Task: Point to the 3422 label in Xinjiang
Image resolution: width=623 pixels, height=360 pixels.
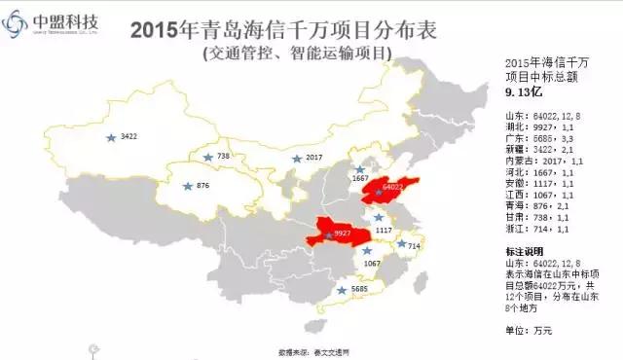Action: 129,137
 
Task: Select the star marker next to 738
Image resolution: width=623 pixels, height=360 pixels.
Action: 206,157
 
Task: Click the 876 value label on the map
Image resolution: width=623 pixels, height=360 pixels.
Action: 202,185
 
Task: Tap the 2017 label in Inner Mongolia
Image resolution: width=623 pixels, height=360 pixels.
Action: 313,157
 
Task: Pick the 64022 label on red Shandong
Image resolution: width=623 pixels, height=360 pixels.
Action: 392,185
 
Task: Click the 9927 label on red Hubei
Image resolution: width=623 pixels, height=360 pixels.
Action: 342,234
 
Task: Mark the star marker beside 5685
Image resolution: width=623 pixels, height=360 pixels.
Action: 343,289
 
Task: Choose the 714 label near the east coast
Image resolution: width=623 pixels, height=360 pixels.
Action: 413,246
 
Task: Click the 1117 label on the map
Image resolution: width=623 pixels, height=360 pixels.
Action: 383,230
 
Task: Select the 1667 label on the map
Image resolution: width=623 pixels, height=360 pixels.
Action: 360,179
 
